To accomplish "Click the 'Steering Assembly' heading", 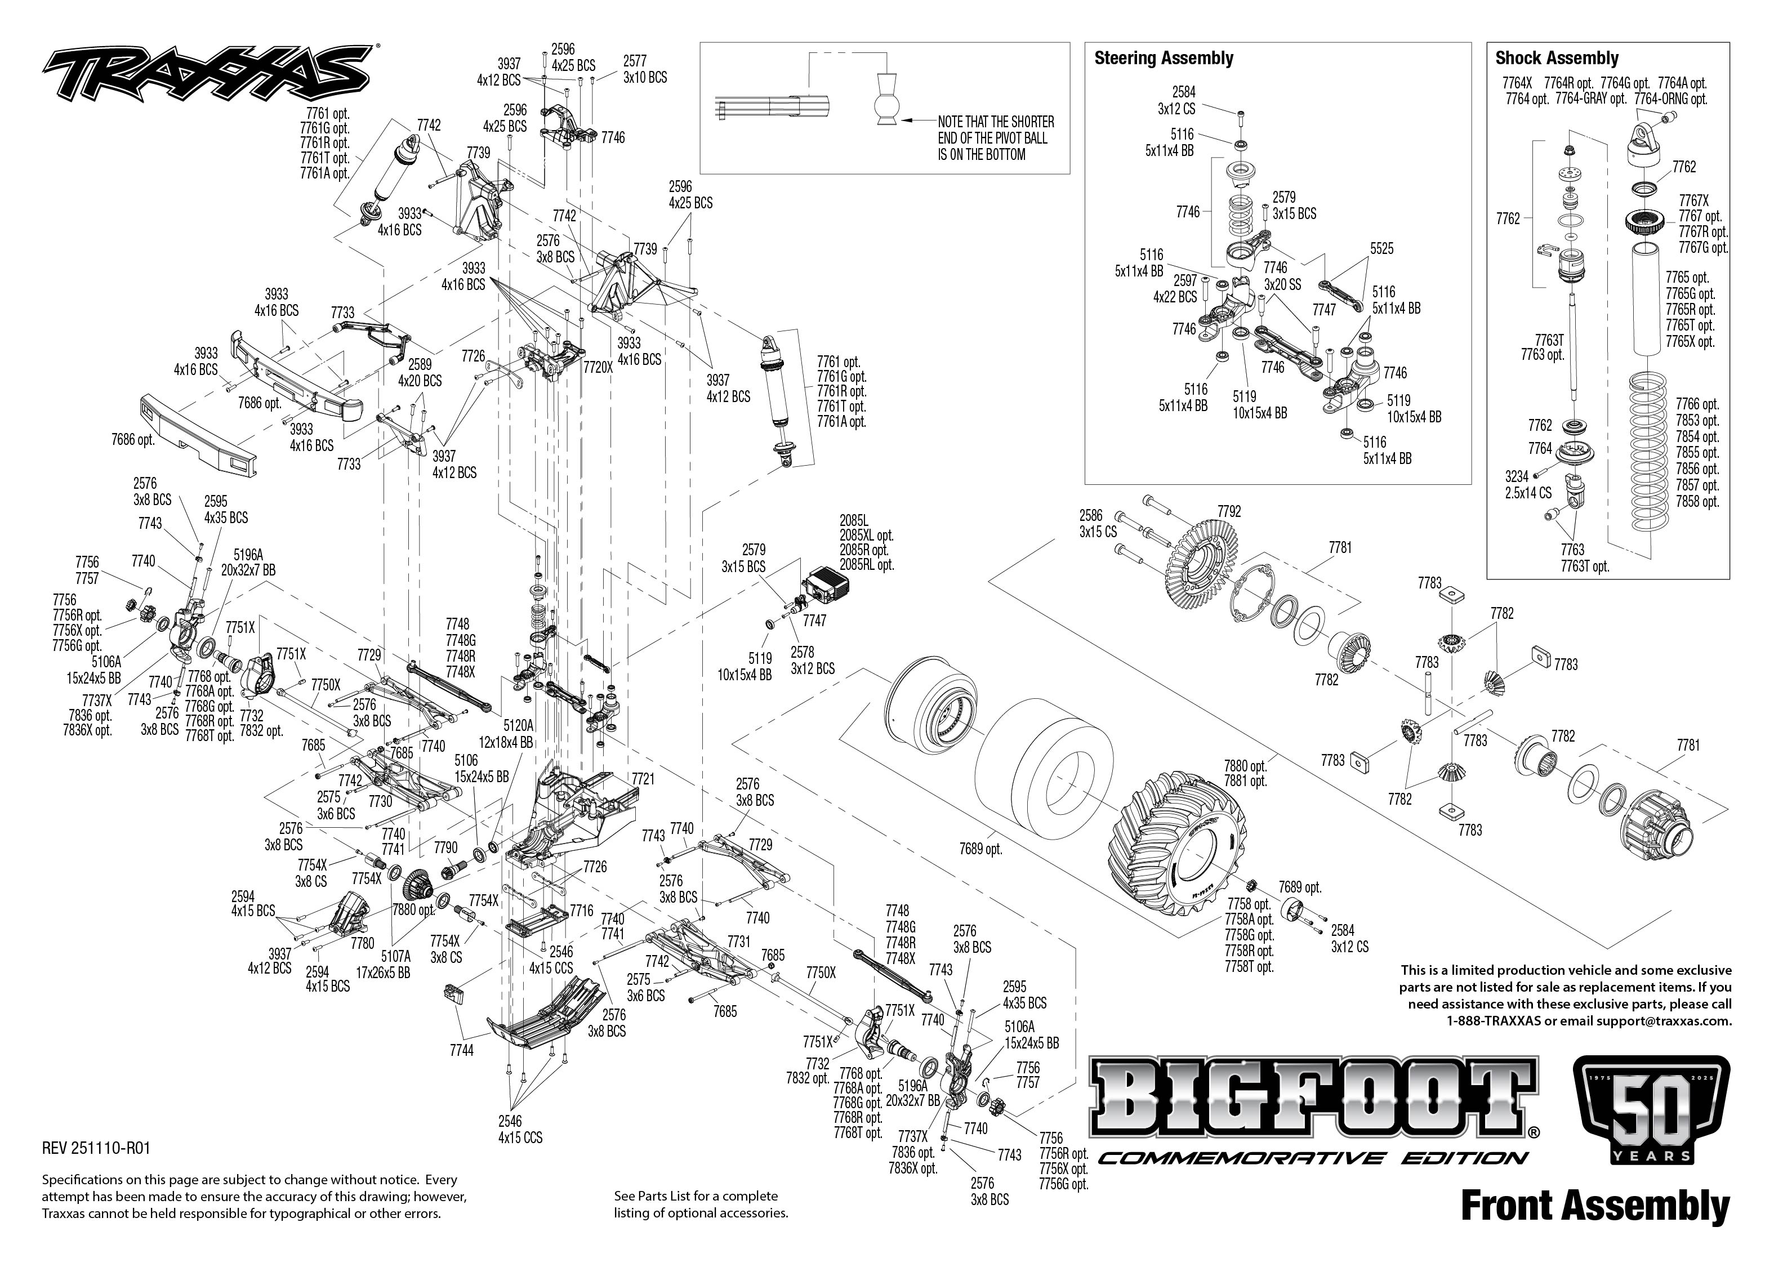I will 1163,59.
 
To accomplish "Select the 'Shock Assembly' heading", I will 1557,59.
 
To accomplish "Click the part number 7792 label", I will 1229,512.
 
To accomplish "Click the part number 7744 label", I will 461,1050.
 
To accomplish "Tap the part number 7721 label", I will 643,779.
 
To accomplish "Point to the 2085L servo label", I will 853,520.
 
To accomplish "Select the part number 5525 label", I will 1381,249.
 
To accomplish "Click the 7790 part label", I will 445,847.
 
